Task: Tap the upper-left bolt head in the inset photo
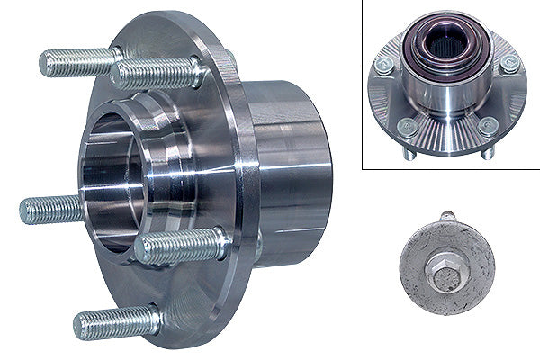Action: click(x=384, y=65)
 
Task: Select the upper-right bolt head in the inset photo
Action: click(x=508, y=64)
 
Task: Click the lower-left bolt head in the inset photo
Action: click(x=407, y=127)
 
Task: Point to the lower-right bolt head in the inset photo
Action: click(x=488, y=126)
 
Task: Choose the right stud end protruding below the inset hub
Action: click(x=487, y=152)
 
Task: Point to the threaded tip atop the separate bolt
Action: click(x=447, y=217)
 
